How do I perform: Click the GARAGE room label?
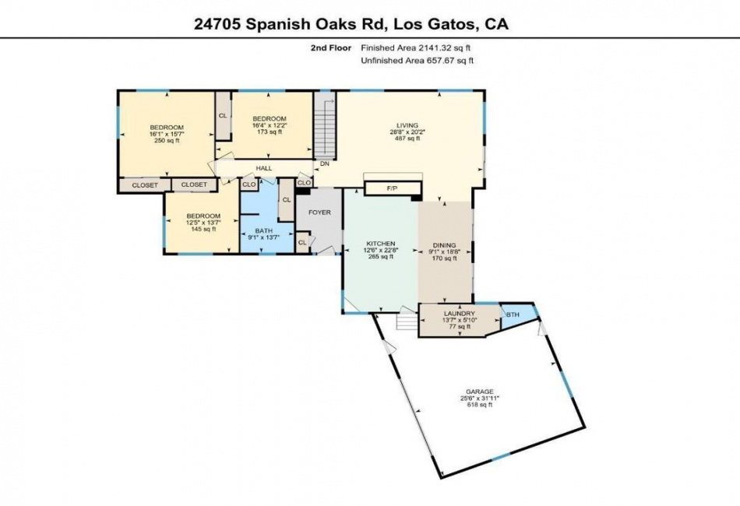click(480, 392)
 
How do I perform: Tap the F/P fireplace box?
click(392, 188)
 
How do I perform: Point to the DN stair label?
click(324, 164)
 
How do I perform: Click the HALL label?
click(264, 168)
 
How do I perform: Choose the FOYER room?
click(319, 213)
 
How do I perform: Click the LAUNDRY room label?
click(460, 314)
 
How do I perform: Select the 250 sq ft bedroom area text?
click(167, 141)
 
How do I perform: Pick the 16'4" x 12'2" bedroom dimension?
click(270, 125)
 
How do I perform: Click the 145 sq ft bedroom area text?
click(203, 229)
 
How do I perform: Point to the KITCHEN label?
click(380, 244)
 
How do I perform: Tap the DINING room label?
click(445, 245)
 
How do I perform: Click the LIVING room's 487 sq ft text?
click(407, 139)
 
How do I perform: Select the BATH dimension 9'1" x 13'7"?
click(264, 237)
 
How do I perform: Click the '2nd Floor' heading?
click(331, 47)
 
